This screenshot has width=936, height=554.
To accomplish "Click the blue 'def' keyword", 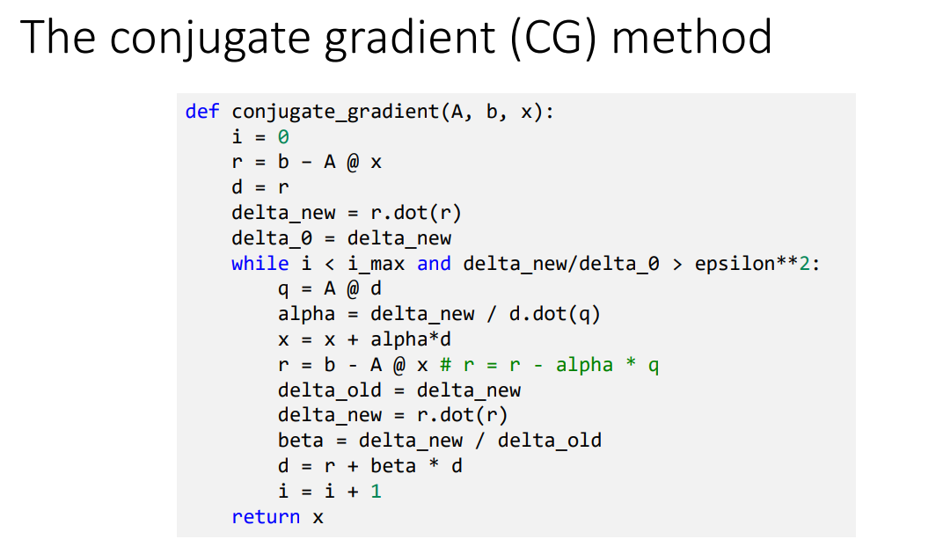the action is [202, 112].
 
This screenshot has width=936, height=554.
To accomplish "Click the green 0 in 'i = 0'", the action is [283, 137].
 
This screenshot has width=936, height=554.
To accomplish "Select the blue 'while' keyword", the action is [260, 264].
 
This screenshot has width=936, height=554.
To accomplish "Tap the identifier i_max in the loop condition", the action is [375, 264].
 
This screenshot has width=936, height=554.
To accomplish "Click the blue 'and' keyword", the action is [434, 264].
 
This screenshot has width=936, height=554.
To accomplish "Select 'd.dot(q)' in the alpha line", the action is [554, 314].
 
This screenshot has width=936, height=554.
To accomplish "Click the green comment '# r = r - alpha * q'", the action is [550, 365].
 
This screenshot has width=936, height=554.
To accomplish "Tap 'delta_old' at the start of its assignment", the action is [329, 390].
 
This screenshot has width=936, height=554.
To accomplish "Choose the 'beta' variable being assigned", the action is [300, 440].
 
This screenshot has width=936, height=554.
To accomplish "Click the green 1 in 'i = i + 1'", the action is [376, 491].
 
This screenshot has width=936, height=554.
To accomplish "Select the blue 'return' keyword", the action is [266, 516].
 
